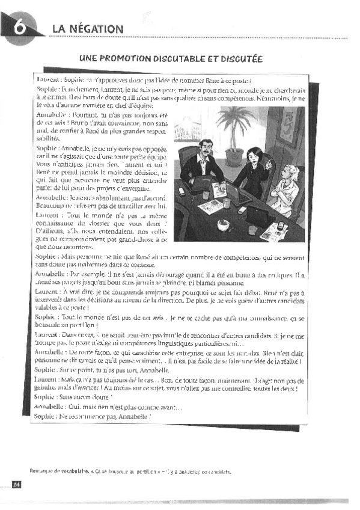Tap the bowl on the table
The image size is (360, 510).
pos(223,224)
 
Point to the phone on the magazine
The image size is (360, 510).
pos(280,225)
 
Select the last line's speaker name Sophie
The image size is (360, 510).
pos(45,416)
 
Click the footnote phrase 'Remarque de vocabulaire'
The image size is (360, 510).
pos(54,472)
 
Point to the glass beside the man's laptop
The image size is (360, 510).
pos(206,195)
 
